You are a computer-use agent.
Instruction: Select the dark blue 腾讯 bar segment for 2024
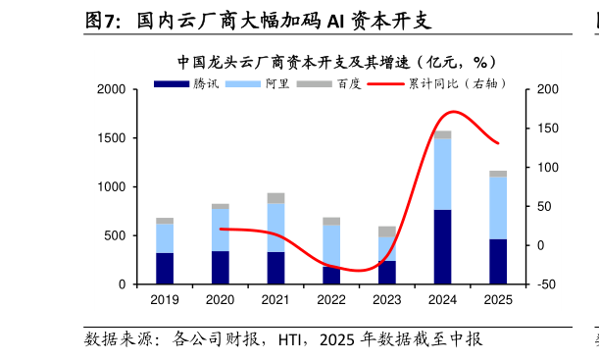tap(443, 247)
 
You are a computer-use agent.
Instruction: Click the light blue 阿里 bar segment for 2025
tap(499, 208)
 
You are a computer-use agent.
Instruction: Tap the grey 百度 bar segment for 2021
tap(276, 198)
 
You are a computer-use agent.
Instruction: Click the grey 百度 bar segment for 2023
tap(387, 231)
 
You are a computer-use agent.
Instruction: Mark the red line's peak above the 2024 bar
tap(452, 112)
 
